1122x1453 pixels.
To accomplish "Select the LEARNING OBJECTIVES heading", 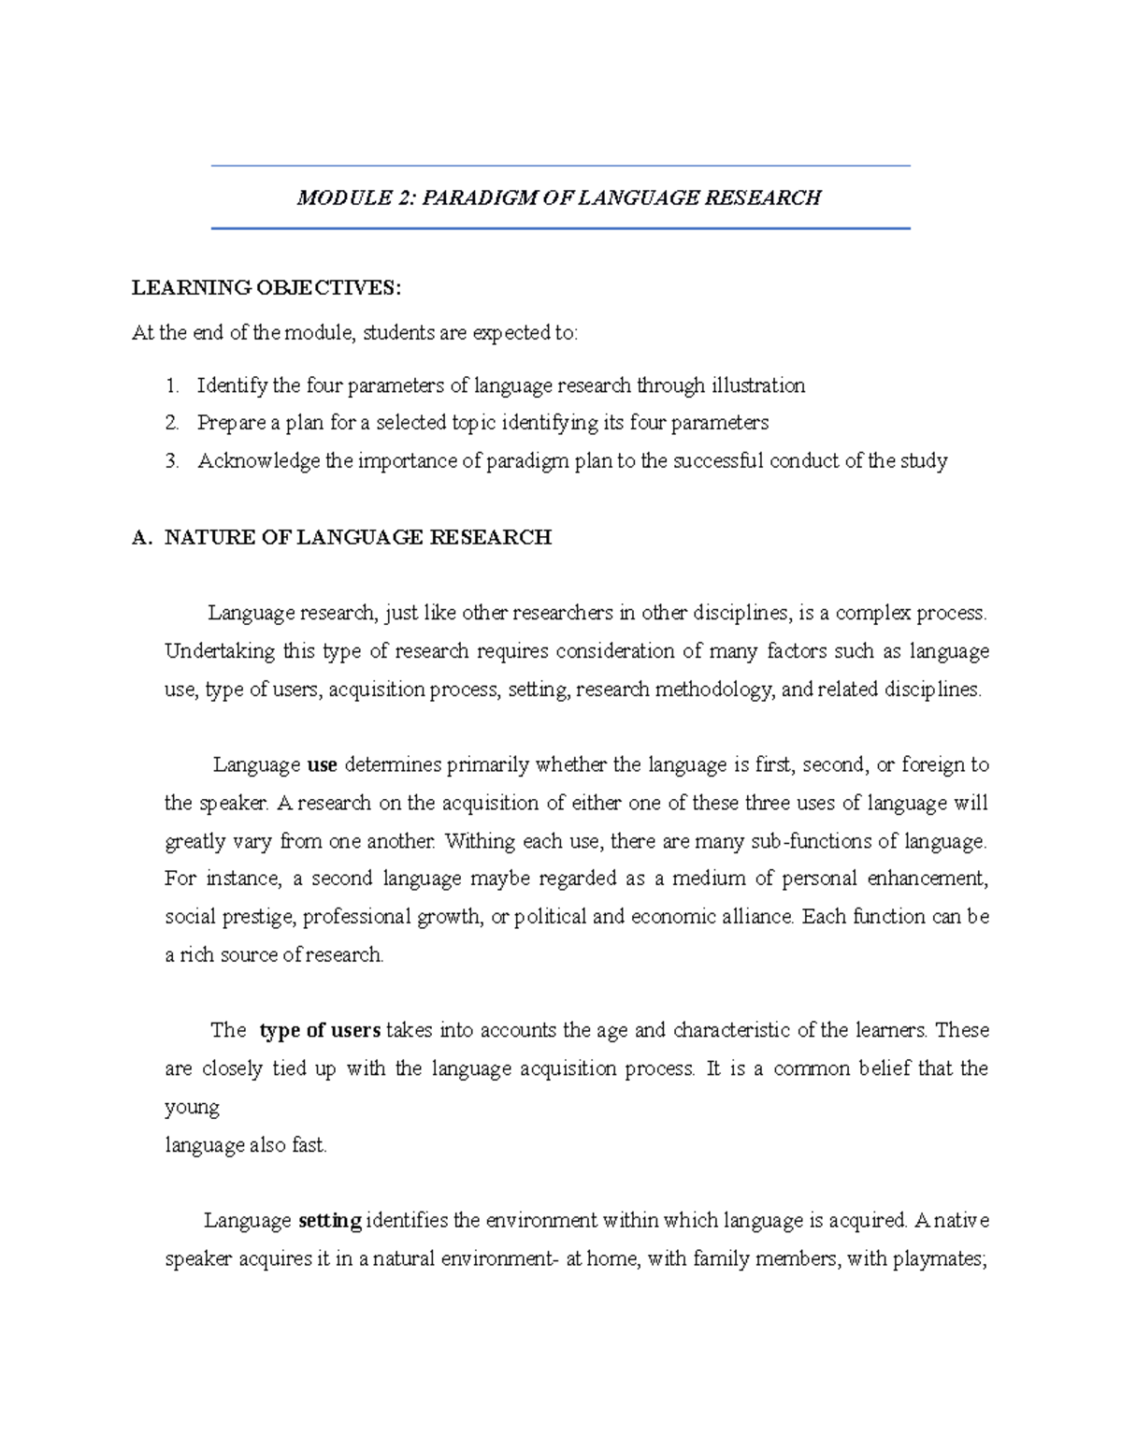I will (x=266, y=287).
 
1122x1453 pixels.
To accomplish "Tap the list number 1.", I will (x=171, y=385).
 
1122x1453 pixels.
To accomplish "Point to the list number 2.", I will (x=171, y=423).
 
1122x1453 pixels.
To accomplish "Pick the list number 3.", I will (x=171, y=460).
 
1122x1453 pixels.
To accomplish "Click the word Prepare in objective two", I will (x=231, y=423).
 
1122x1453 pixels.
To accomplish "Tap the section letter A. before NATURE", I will (x=142, y=537).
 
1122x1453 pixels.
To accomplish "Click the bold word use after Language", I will (x=322, y=765).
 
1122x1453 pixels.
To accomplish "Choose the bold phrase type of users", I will (x=320, y=1030).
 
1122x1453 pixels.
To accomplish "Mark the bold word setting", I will (x=330, y=1221).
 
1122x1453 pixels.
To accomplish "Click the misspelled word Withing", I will (x=479, y=841).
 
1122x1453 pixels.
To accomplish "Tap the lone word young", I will (x=192, y=1108).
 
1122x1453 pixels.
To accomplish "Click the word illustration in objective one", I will (x=757, y=385).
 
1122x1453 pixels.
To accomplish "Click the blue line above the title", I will (x=561, y=167).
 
